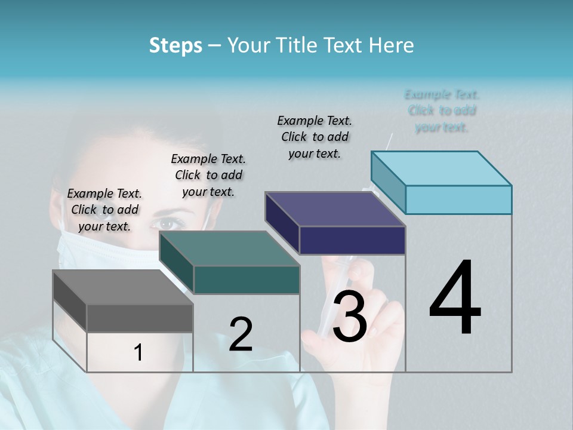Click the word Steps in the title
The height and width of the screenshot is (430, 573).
(175, 45)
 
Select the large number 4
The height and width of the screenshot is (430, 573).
(455, 299)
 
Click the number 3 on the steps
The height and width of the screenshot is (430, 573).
(349, 317)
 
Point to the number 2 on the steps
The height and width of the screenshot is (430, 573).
(241, 334)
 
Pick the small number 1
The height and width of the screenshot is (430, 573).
(138, 353)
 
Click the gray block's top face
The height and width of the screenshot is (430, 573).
(122, 287)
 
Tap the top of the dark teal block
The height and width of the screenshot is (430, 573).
(229, 248)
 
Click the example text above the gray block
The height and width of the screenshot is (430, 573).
(104, 210)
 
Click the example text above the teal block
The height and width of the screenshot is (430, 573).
(208, 175)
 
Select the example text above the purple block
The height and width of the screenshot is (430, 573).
(315, 137)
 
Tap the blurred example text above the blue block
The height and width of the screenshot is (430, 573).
(442, 110)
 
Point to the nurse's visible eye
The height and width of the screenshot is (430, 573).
(169, 223)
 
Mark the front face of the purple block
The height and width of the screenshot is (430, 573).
(352, 241)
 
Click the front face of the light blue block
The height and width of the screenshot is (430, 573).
(458, 199)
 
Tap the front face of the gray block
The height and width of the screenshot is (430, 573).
(140, 318)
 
